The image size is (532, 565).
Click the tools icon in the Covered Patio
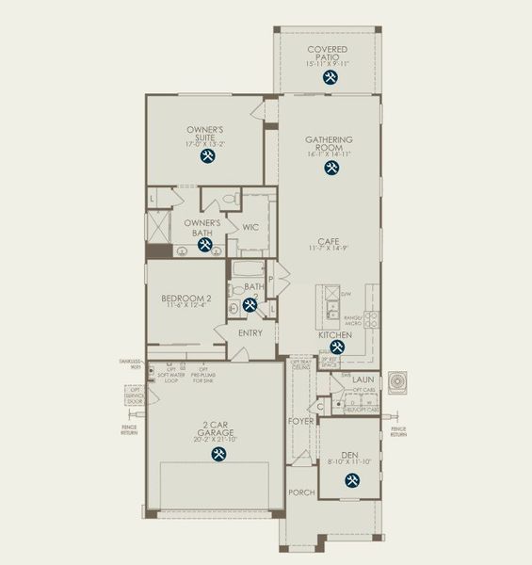329,78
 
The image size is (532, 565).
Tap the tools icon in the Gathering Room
331,168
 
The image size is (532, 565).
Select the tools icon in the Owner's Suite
206,156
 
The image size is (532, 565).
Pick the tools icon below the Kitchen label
336,347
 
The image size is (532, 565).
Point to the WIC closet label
250,227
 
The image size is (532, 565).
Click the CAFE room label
329,240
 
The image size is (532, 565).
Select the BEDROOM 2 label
185,297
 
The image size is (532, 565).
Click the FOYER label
300,421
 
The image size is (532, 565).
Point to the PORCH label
301,492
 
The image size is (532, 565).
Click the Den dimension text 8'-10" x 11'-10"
350,461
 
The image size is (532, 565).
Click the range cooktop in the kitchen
372,319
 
